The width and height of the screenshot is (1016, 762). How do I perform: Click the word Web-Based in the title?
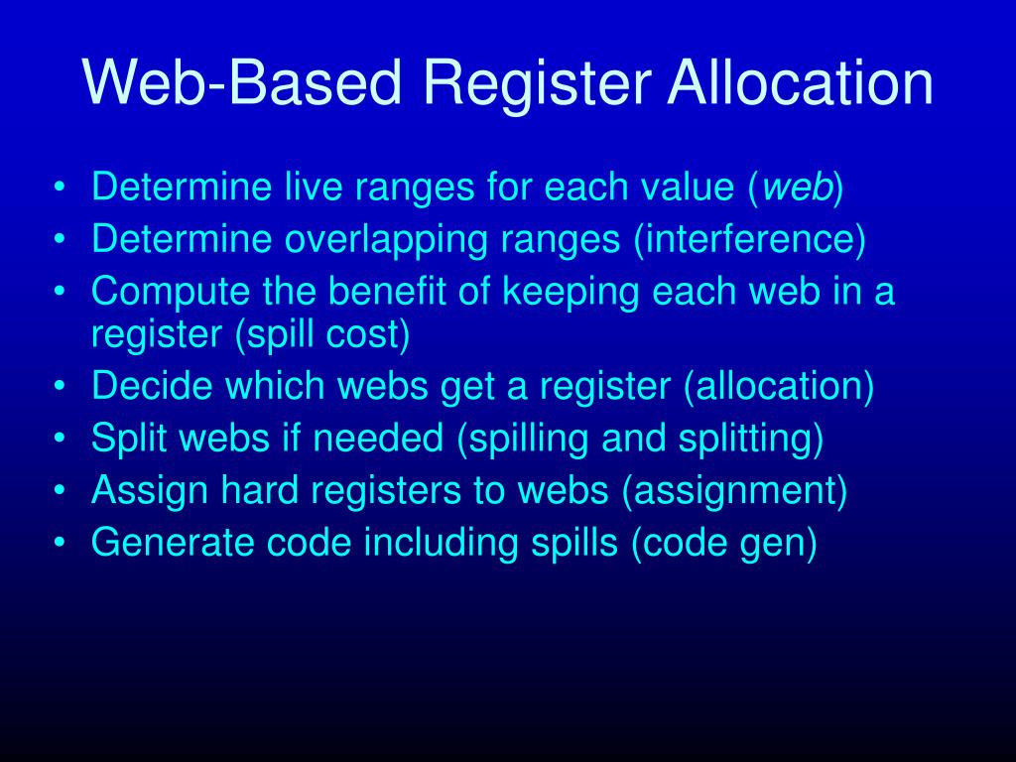click(x=241, y=84)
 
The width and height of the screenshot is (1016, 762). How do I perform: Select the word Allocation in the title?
click(x=800, y=84)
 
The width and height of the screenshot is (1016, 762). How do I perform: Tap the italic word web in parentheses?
click(x=802, y=188)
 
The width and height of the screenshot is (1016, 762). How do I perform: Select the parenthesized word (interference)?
click(x=750, y=240)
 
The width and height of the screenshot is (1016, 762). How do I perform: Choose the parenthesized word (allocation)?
click(x=778, y=387)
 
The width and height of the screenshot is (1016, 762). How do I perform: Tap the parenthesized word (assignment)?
click(x=734, y=491)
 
